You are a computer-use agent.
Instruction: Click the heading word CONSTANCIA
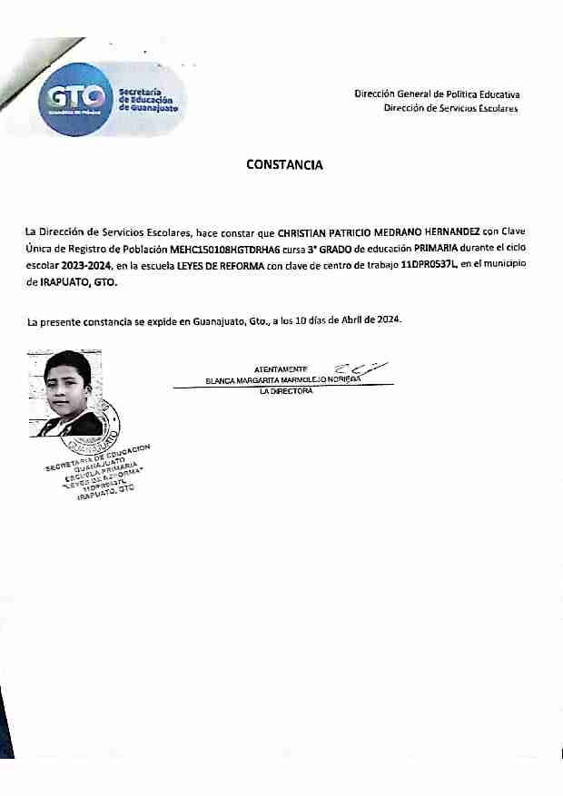coord(284,165)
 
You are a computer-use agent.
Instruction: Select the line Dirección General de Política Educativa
coord(437,94)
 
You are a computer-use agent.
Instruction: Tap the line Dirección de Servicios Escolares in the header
coord(450,109)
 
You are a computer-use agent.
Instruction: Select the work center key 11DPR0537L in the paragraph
coord(429,265)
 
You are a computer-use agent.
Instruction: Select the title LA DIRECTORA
coord(286,391)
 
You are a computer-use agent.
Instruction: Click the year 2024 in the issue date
coord(389,320)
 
